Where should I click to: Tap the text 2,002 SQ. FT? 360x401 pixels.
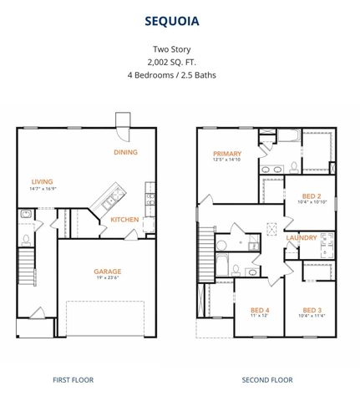[x=180, y=61]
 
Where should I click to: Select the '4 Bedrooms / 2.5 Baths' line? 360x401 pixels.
[x=180, y=74]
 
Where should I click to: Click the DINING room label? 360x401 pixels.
[x=126, y=152]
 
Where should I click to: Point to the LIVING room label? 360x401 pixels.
[x=43, y=181]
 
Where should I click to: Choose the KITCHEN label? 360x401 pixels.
[x=125, y=220]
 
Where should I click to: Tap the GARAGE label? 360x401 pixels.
[x=107, y=271]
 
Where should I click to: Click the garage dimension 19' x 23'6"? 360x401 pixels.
[x=107, y=279]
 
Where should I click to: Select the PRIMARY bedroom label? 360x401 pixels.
[x=227, y=154]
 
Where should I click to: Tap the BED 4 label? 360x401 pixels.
[x=261, y=308]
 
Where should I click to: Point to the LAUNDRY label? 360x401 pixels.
[x=302, y=237]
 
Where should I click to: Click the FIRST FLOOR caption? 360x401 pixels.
[x=74, y=380]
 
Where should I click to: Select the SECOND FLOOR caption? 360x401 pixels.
[x=267, y=380]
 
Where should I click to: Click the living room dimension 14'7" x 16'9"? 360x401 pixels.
[x=43, y=190]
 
